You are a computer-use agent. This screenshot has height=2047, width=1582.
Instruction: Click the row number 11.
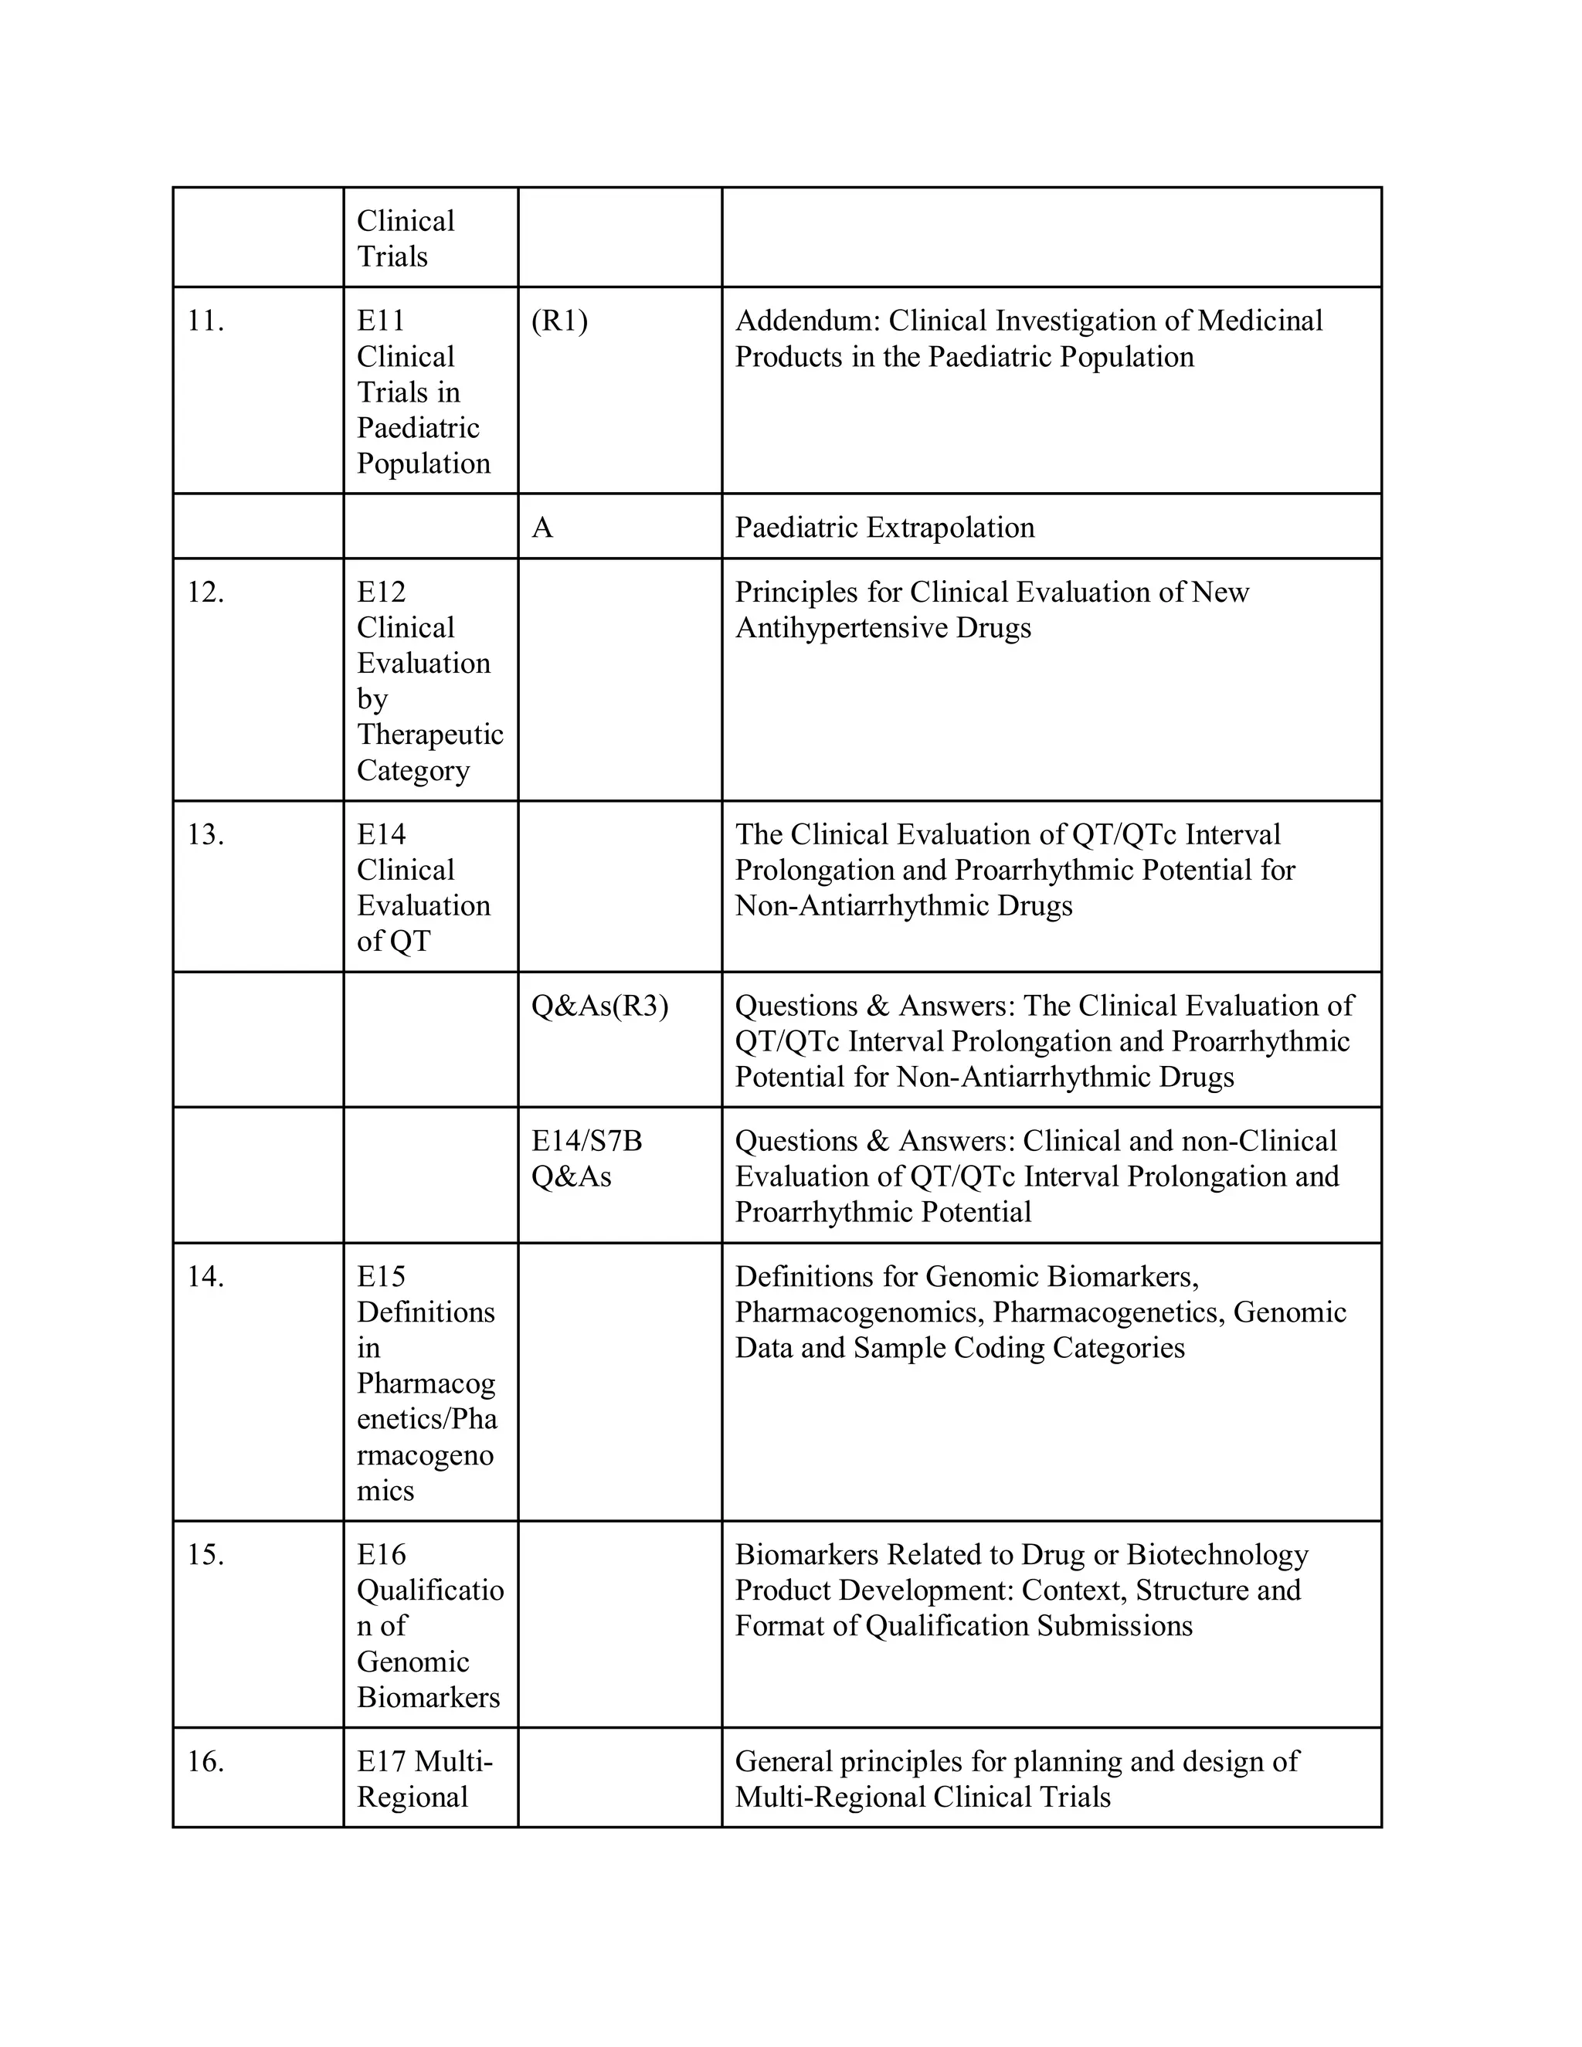click(205, 321)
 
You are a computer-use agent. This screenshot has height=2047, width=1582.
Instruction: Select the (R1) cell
click(559, 321)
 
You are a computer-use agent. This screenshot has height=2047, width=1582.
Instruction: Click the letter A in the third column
click(541, 528)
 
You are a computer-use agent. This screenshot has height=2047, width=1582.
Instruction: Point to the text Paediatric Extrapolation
click(884, 528)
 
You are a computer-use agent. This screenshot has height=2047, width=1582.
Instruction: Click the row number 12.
click(205, 592)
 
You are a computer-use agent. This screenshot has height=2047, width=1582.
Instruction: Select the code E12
click(382, 592)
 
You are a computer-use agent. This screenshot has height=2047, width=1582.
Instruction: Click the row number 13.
click(205, 834)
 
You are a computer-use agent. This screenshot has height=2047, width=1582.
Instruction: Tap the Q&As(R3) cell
click(599, 1006)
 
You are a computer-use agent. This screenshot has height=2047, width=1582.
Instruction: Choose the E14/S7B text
click(587, 1141)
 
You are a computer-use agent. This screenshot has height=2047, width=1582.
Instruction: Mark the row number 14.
click(205, 1277)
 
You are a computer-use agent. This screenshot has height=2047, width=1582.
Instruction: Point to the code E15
click(382, 1277)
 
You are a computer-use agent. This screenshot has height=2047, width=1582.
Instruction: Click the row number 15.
click(205, 1555)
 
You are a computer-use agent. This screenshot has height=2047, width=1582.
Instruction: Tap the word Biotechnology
click(1217, 1555)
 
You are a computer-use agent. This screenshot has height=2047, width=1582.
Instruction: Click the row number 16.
click(205, 1762)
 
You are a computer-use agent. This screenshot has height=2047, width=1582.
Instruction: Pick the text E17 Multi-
click(425, 1762)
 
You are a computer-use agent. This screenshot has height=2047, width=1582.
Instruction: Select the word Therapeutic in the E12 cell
click(430, 735)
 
